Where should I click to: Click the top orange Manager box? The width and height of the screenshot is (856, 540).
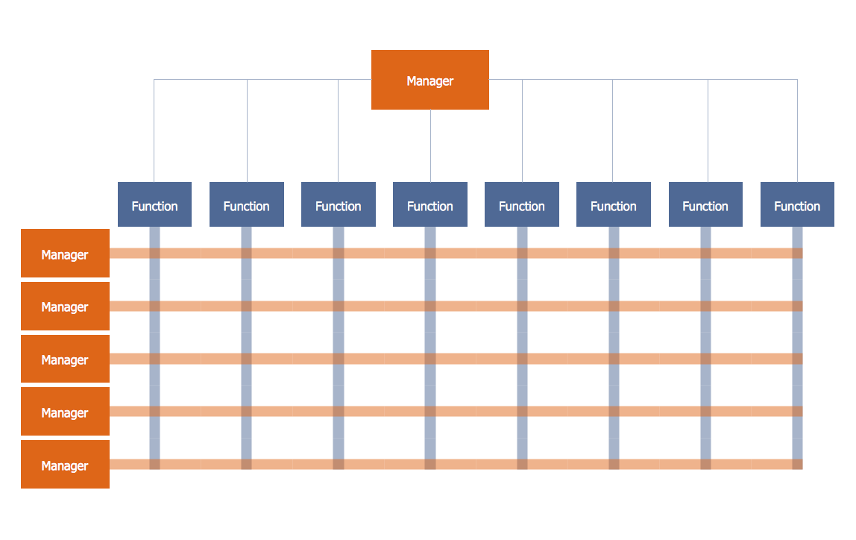430,80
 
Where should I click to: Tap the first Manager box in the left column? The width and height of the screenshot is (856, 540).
65,254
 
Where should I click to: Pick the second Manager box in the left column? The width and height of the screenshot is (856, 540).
65,306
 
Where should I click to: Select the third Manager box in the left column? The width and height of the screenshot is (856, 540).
65,359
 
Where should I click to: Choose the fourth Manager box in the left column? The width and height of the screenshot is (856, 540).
65,412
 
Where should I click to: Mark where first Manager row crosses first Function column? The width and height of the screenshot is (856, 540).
154,254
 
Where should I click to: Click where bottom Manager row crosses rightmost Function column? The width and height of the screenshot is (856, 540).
797,464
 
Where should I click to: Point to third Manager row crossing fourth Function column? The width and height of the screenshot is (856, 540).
430,359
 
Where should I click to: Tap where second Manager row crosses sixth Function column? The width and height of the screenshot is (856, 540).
614,306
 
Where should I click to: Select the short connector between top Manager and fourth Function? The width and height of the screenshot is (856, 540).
430,145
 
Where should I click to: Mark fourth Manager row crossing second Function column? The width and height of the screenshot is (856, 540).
246,412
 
